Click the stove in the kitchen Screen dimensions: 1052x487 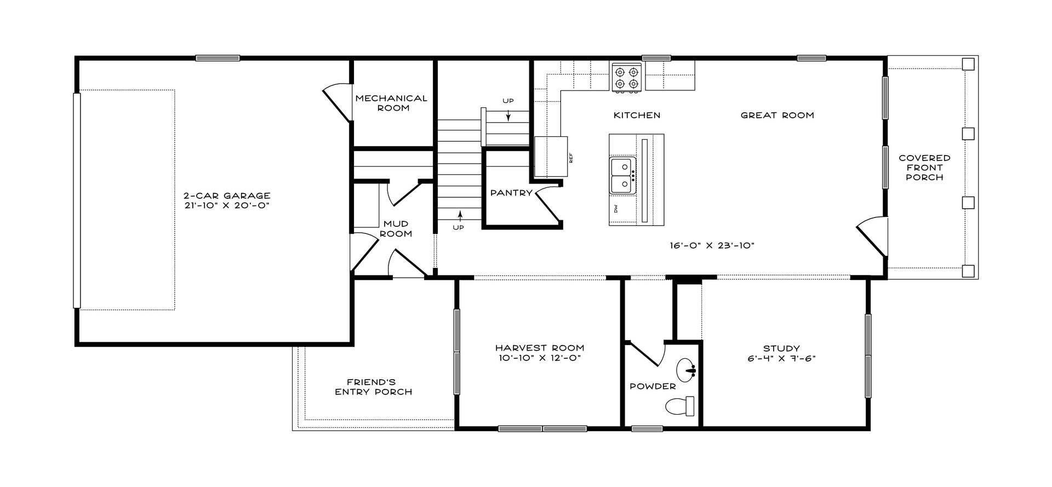pyautogui.click(x=626, y=77)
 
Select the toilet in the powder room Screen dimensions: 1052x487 pyautogui.click(x=680, y=406)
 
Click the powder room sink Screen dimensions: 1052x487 pyautogui.click(x=685, y=370)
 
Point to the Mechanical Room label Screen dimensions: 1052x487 pyautogui.click(x=391, y=103)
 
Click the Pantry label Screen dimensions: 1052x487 pyautogui.click(x=511, y=193)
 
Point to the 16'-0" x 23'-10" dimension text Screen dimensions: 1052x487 pyautogui.click(x=712, y=245)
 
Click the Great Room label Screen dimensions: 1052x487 pyautogui.click(x=777, y=115)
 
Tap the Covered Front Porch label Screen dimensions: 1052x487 pyautogui.click(x=924, y=168)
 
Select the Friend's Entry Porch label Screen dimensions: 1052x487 pyautogui.click(x=374, y=387)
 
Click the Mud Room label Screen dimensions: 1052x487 pyautogui.click(x=396, y=228)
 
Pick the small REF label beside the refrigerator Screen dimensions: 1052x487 pyautogui.click(x=570, y=158)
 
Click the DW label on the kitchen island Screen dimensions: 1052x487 pyautogui.click(x=616, y=209)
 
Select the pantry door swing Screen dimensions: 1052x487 pyautogui.click(x=548, y=205)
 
